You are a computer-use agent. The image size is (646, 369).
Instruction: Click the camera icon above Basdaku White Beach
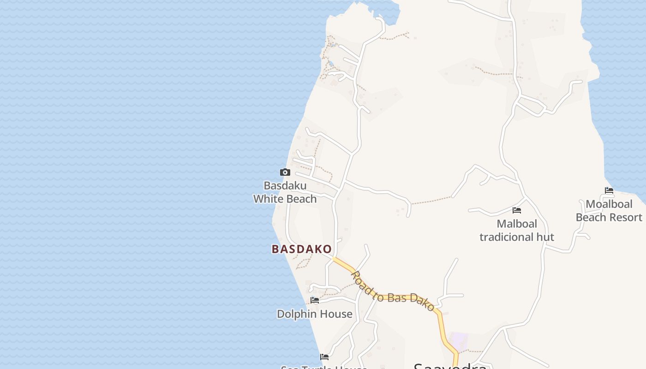(x=285, y=173)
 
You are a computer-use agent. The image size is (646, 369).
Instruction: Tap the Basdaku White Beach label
(x=285, y=192)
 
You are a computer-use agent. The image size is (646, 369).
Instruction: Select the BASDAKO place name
(x=302, y=250)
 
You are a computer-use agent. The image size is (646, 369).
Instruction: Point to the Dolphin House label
(x=315, y=314)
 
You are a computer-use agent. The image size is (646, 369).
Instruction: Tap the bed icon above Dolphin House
(x=315, y=300)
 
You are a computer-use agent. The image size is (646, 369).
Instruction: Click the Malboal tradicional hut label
(x=517, y=230)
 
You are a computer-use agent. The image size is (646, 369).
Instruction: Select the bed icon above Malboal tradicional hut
(x=517, y=210)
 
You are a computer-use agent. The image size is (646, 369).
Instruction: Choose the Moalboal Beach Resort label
(x=609, y=210)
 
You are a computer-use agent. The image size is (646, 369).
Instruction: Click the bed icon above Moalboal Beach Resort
(x=609, y=190)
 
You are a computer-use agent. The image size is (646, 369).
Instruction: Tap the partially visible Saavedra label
(x=450, y=366)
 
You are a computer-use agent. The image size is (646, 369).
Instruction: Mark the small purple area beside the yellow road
(x=459, y=341)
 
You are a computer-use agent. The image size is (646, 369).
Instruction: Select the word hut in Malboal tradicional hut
(x=544, y=237)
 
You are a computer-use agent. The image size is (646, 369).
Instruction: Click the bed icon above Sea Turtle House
(x=324, y=357)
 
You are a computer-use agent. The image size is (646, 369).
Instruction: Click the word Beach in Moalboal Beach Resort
(x=591, y=217)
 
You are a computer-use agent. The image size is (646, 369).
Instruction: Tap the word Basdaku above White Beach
(x=285, y=186)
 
